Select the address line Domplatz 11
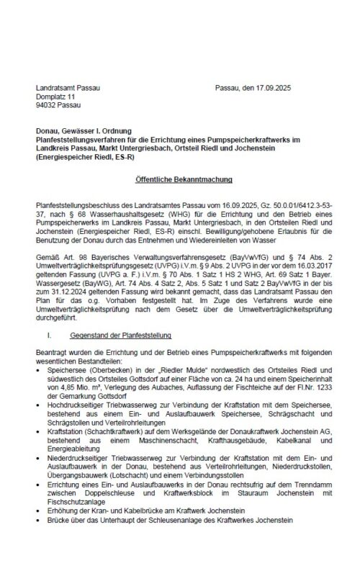click(x=55, y=96)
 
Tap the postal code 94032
click(x=47, y=104)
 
